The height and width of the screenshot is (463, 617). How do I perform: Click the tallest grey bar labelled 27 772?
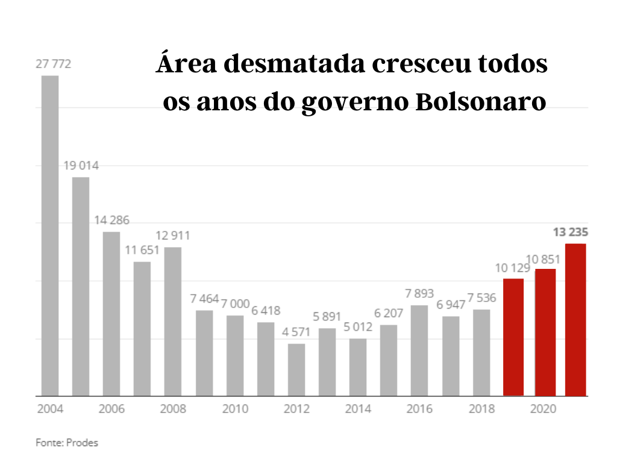click(x=50, y=236)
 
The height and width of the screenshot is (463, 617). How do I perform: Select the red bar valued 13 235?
click(x=575, y=320)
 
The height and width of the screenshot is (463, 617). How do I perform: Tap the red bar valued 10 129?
click(x=513, y=337)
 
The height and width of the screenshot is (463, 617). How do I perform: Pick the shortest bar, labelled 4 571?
click(x=296, y=370)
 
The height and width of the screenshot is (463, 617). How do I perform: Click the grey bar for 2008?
click(x=173, y=321)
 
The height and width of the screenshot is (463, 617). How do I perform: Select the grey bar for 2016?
click(x=419, y=350)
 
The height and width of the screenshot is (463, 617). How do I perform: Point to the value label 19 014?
click(x=81, y=166)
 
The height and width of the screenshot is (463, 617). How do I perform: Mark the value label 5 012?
click(x=358, y=327)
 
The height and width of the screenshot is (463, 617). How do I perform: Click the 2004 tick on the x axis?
click(x=50, y=409)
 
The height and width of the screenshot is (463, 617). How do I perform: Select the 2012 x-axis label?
click(x=296, y=409)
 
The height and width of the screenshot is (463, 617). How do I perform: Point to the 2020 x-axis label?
click(x=543, y=409)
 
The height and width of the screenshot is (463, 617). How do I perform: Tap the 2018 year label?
click(x=481, y=409)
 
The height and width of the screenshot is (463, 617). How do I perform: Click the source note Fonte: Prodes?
click(x=67, y=443)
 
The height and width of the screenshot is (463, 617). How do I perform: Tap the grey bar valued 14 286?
click(x=111, y=313)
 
